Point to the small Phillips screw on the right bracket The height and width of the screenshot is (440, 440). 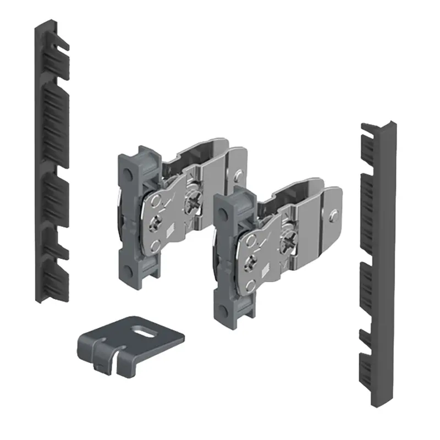pos(254,263)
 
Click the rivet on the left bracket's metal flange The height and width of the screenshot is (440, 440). pos(238,175)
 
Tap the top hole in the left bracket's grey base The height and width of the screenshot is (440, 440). pos(128,175)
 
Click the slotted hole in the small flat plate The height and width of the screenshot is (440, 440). pos(147,331)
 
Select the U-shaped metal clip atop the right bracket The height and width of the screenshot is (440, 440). pos(308,190)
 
